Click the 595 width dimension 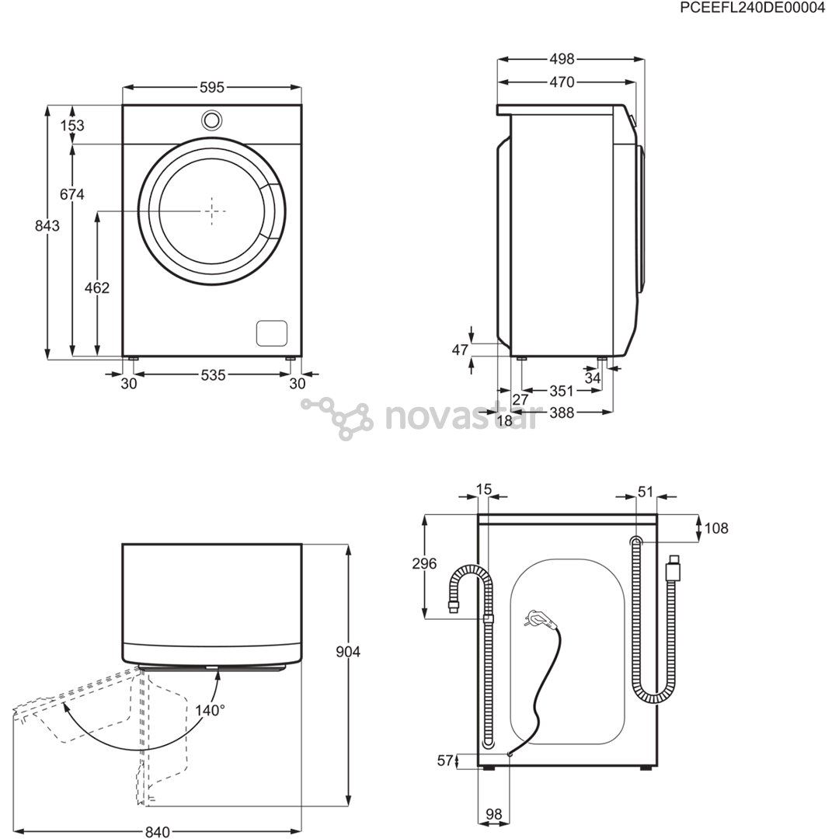coord(212,87)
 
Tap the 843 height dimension coord(47,226)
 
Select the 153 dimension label coord(72,125)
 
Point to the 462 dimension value coord(97,288)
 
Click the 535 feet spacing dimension coord(213,375)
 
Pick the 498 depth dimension coord(562,59)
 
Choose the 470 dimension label coord(562,82)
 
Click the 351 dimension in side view coord(562,391)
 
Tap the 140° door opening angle coord(210,710)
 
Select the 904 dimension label coord(348,652)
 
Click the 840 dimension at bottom coord(157,831)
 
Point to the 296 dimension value coord(424,563)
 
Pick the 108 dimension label coord(716,528)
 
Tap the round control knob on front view coord(211,120)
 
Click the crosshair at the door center coord(212,211)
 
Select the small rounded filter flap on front coord(272,332)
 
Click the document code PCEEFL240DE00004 coord(752,8)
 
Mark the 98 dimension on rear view coord(494,814)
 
